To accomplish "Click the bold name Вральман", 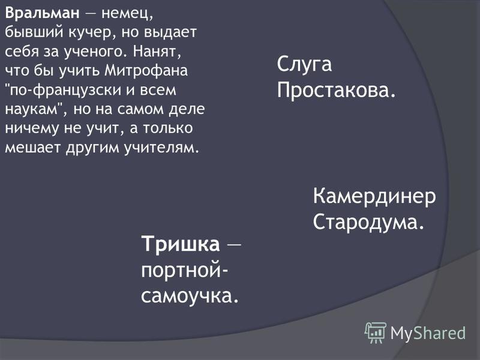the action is point(42,13).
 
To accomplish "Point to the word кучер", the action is point(92,33).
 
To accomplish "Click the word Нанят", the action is point(157,51).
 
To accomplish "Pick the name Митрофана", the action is point(146,71).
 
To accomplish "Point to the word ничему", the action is point(32,129).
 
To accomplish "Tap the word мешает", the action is point(32,148).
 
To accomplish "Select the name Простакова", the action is point(336,90).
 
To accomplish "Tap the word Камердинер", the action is point(374,197).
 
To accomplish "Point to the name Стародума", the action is point(368,221).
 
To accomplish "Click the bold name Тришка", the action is point(181,244).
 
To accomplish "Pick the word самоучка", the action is point(190,296).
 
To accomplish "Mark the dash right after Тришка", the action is point(234,244).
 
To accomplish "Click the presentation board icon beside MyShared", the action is point(376,332).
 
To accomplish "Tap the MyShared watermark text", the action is point(428,333).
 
